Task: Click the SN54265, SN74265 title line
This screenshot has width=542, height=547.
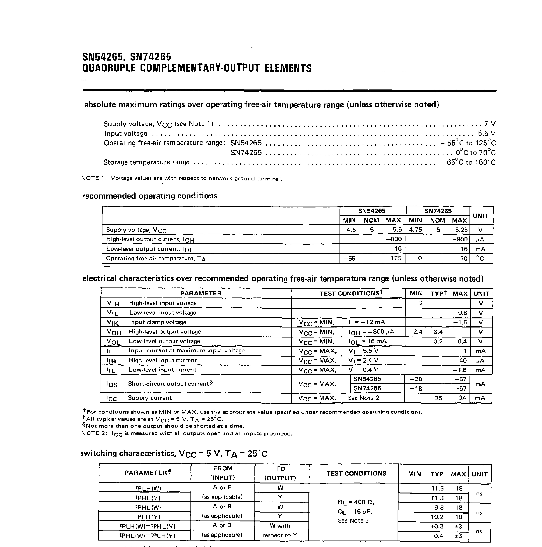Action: point(127,57)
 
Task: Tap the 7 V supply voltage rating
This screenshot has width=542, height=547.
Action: point(490,124)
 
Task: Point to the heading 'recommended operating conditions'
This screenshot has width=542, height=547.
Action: point(149,196)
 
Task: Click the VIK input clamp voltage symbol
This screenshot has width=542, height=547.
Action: point(113,322)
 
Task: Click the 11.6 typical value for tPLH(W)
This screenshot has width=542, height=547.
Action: point(437,488)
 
